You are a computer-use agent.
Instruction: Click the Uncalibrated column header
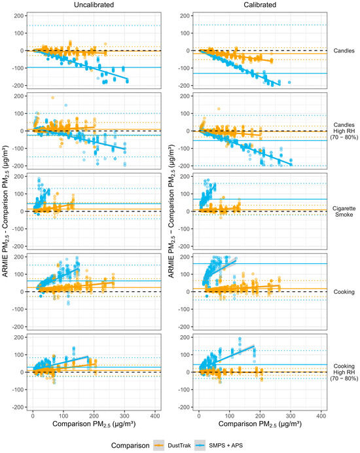(x=94, y=5)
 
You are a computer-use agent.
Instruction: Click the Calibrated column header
(x=260, y=5)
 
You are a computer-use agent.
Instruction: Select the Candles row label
(x=344, y=51)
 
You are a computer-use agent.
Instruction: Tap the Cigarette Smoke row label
(x=344, y=211)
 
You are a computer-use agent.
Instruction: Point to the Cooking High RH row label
(x=344, y=372)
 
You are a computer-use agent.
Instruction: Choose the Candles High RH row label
(x=344, y=131)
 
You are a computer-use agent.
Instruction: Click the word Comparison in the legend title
(x=130, y=446)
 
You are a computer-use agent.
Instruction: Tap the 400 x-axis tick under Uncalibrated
(x=155, y=416)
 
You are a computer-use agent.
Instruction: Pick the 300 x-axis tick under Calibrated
(x=291, y=416)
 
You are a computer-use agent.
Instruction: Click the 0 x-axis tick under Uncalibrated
(x=33, y=416)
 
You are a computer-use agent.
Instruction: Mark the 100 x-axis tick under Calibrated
(x=229, y=416)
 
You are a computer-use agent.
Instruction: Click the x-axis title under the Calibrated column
(x=260, y=424)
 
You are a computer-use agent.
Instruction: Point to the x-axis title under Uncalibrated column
(x=94, y=424)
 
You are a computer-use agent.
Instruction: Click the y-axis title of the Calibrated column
(x=171, y=211)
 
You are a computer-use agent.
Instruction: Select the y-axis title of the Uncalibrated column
(x=5, y=211)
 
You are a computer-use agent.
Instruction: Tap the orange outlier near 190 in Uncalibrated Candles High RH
(x=52, y=98)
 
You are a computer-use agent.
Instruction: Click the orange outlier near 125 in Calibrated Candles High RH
(x=219, y=109)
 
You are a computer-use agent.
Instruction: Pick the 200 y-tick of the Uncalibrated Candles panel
(x=19, y=16)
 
